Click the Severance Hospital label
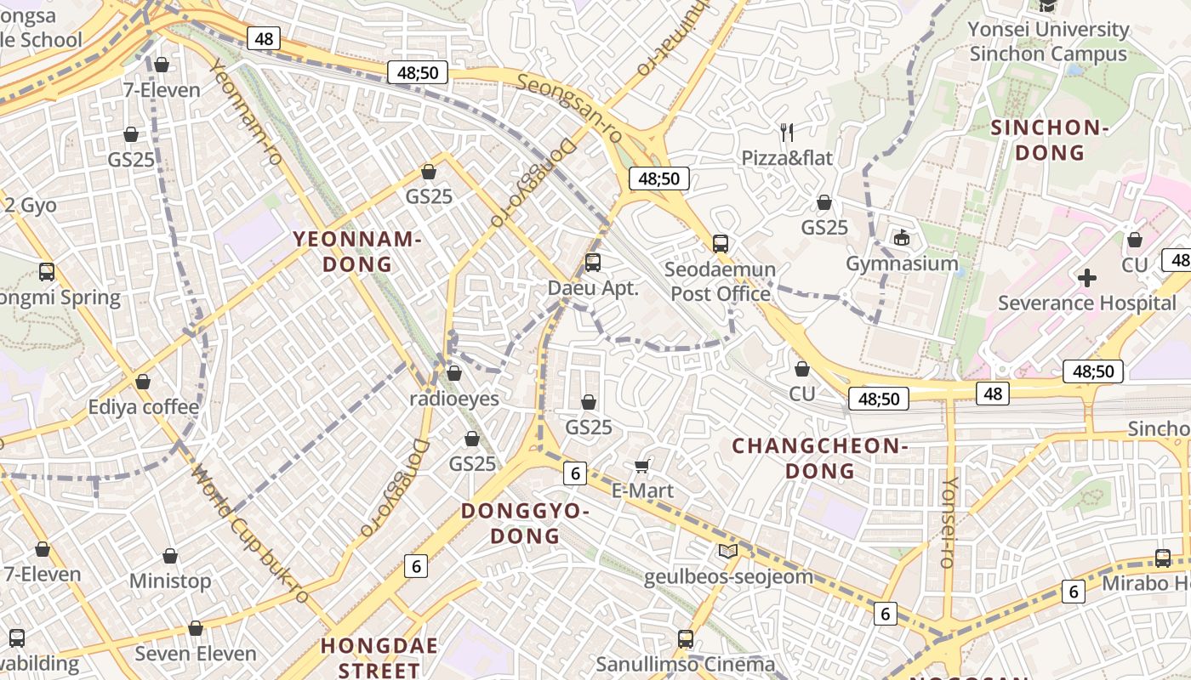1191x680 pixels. coord(1086,303)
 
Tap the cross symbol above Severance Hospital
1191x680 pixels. coord(1086,277)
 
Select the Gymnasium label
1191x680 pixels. coord(902,263)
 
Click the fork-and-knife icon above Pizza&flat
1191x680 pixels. coord(787,132)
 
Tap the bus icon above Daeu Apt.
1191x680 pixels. coord(593,263)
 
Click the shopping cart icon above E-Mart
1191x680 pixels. coord(642,465)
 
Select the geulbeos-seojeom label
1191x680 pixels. coord(728,577)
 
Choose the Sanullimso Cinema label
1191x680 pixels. coord(686,664)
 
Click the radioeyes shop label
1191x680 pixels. coord(454,398)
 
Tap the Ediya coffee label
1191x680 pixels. coord(144,407)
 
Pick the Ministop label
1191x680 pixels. coord(170,581)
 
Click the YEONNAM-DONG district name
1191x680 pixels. coord(357,252)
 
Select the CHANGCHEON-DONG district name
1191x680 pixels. coord(820,458)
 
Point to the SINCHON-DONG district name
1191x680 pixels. coord(1050,140)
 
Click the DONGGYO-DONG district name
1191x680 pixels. coord(525,524)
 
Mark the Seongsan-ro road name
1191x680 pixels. coord(569,107)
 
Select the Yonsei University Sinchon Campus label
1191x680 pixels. coord(1048,42)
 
